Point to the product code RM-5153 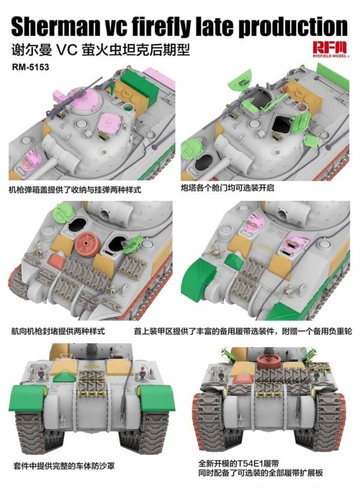click(x=29, y=67)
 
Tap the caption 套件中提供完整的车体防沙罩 click(x=62, y=466)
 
